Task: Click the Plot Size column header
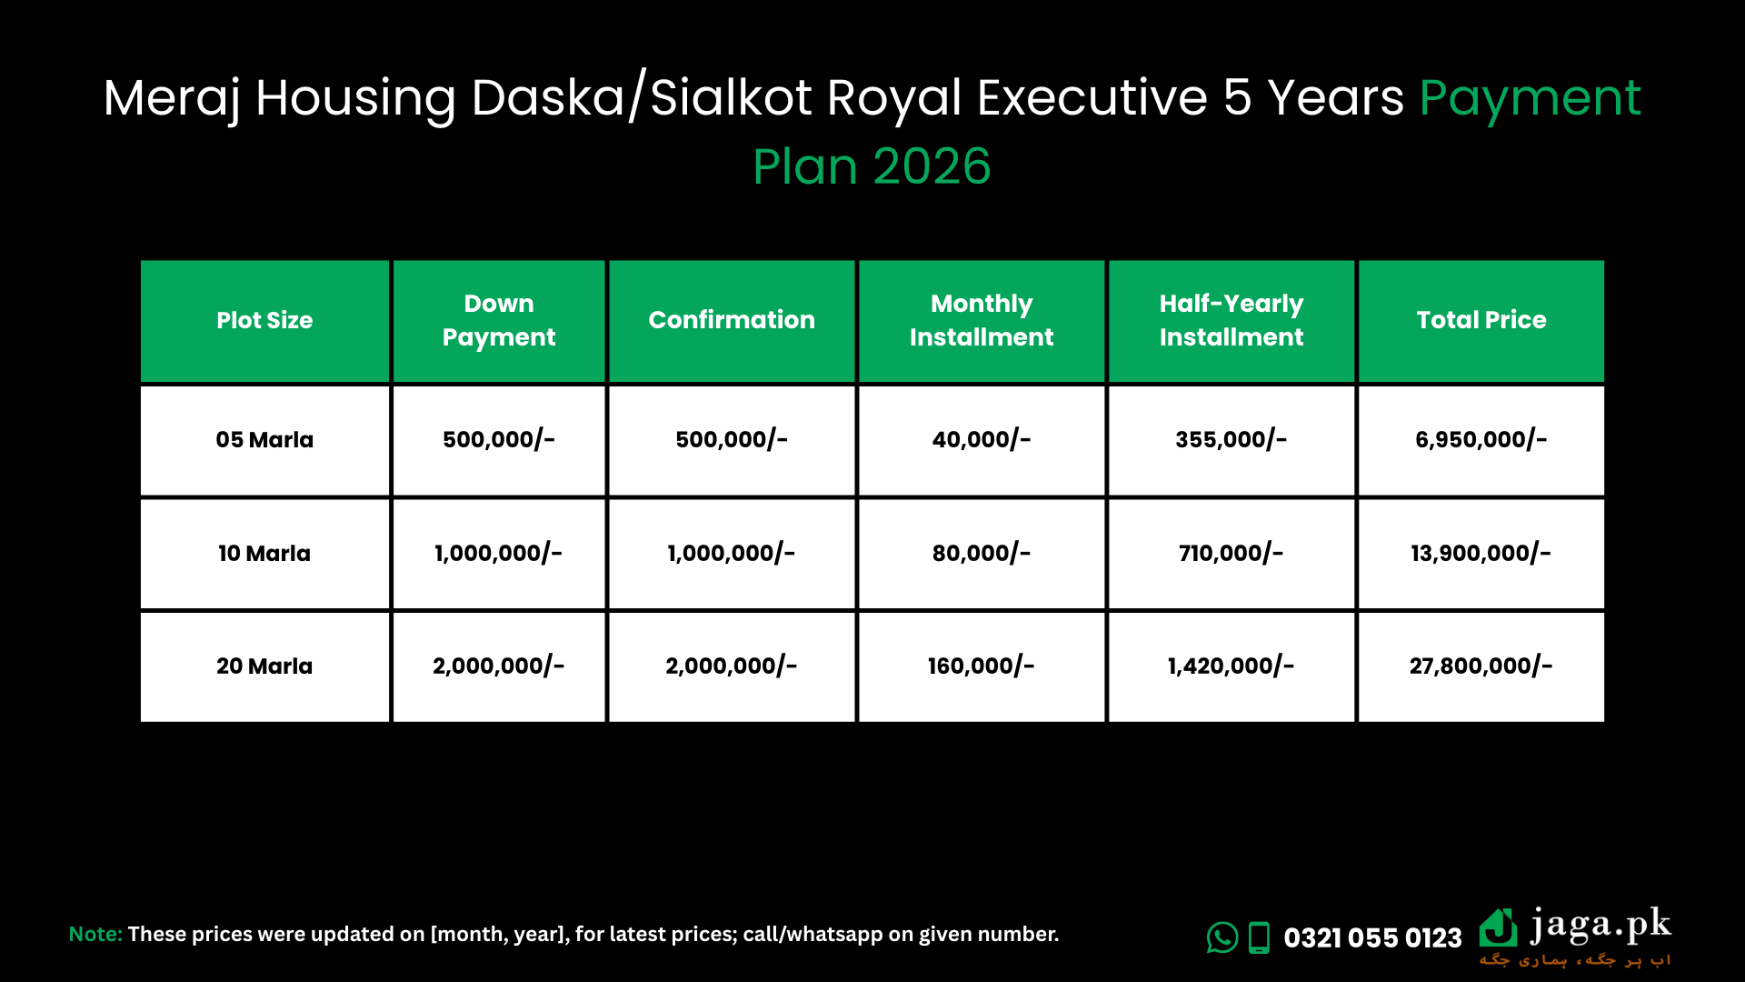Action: tap(264, 320)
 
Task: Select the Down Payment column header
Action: tap(498, 320)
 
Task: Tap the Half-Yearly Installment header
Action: tap(1231, 320)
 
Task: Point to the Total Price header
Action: tap(1481, 320)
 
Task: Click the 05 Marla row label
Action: tap(264, 440)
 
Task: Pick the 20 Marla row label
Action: tap(264, 666)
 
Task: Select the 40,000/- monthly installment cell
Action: tap(981, 440)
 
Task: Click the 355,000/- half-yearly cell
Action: tap(1231, 440)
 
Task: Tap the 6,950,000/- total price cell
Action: tap(1481, 440)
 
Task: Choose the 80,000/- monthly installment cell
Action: tap(981, 553)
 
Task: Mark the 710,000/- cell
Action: tap(1231, 553)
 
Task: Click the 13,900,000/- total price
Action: tap(1481, 553)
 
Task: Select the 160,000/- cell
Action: tap(981, 666)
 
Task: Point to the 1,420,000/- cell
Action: tap(1231, 666)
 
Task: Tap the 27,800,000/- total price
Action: tap(1481, 666)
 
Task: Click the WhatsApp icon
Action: tap(1221, 937)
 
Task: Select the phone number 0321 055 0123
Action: tap(1372, 937)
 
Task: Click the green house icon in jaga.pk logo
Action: tap(1498, 928)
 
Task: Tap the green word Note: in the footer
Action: tap(95, 934)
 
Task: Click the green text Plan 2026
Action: tap(872, 166)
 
